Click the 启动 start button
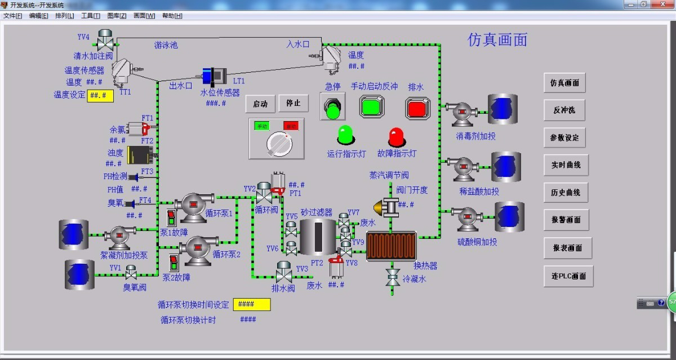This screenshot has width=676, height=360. point(260,104)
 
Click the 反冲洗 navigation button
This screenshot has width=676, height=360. point(564,110)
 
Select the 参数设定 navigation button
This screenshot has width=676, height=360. point(564,138)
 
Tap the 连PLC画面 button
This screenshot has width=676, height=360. point(568,276)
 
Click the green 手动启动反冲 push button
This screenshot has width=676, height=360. point(372,107)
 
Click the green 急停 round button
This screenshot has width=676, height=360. point(332,107)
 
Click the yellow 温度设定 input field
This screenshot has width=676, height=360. point(100,96)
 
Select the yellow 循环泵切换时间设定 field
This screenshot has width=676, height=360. point(252,304)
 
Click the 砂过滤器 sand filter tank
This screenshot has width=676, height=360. point(317,237)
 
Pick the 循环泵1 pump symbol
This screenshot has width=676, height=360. point(193,205)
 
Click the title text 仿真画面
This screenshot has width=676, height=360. point(497,39)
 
